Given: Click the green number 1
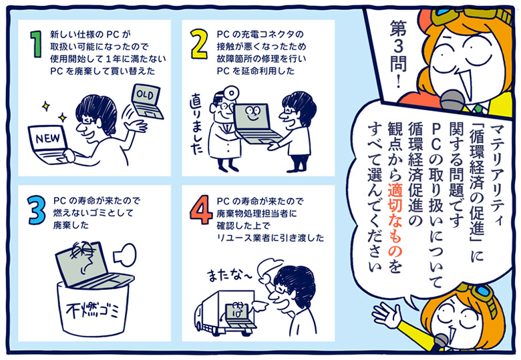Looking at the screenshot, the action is click(x=36, y=44).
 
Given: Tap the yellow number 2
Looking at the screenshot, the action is click(x=199, y=44).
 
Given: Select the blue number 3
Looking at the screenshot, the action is click(x=37, y=210).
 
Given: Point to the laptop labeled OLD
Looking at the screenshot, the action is click(x=147, y=101).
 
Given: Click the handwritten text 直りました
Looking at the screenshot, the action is click(x=196, y=124).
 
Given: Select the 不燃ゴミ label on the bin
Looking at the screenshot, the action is click(x=92, y=311).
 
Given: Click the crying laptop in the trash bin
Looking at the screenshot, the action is click(x=90, y=266).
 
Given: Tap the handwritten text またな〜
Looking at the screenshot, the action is click(x=230, y=275).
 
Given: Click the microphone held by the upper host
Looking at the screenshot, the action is click(x=452, y=100).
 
